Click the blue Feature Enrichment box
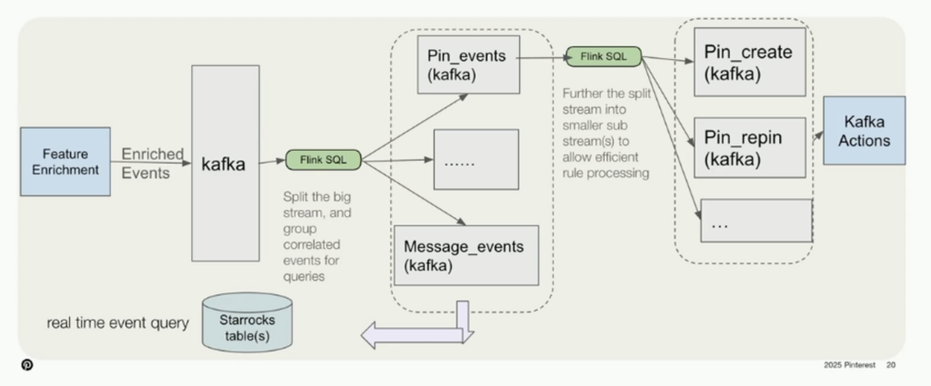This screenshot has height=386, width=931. pyautogui.click(x=65, y=162)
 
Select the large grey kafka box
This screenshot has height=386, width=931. pyautogui.click(x=225, y=163)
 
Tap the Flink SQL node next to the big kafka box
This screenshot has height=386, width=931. pyautogui.click(x=323, y=160)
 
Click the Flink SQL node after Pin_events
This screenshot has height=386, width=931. pyautogui.click(x=604, y=57)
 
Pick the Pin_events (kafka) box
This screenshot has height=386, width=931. pyautogui.click(x=466, y=64)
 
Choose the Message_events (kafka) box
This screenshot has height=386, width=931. pyautogui.click(x=466, y=254)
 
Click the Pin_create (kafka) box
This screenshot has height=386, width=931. pyautogui.click(x=749, y=62)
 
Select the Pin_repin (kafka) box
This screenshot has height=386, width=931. pyautogui.click(x=749, y=147)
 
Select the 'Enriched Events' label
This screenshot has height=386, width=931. pyautogui.click(x=153, y=163)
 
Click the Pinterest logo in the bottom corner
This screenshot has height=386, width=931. pyautogui.click(x=27, y=365)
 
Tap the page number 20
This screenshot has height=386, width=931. pyautogui.click(x=892, y=365)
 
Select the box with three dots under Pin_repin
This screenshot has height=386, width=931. pyautogui.click(x=756, y=221)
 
